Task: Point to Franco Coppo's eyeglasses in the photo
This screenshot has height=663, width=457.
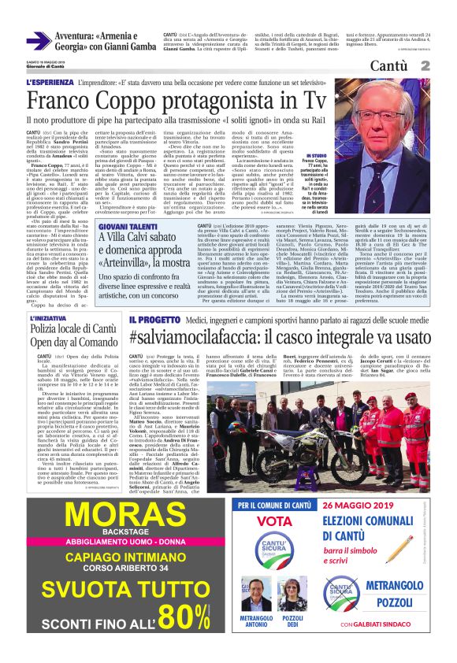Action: click(391, 117)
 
